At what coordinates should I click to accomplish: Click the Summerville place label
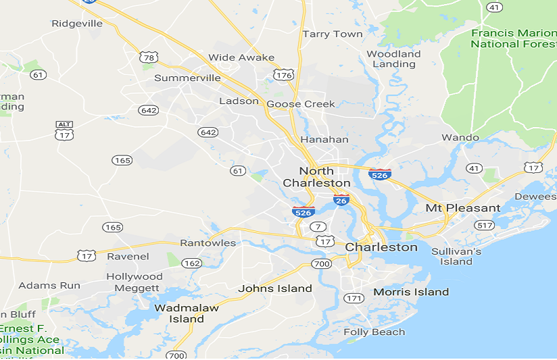[x=187, y=78]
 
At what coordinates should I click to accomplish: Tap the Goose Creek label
[x=301, y=104]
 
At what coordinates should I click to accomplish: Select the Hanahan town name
[x=324, y=139]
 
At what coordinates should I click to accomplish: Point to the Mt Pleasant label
[x=463, y=208]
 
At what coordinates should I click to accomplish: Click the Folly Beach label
[x=374, y=332]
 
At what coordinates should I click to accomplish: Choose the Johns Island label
[x=275, y=288]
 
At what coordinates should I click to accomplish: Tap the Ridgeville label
[x=77, y=24]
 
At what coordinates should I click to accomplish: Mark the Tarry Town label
[x=333, y=34]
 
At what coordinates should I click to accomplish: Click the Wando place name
[x=460, y=137]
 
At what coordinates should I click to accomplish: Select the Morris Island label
[x=411, y=292]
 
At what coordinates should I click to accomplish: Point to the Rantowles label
[x=208, y=242]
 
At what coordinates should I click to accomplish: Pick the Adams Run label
[x=49, y=286]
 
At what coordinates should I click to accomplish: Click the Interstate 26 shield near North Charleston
[x=341, y=200]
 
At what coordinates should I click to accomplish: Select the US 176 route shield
[x=285, y=74]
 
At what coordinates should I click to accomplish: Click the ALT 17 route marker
[x=64, y=130]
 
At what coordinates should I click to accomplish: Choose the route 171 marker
[x=354, y=298]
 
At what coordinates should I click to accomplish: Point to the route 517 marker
[x=484, y=225]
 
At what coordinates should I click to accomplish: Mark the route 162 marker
[x=191, y=263]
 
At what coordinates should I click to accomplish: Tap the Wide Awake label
[x=241, y=57]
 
